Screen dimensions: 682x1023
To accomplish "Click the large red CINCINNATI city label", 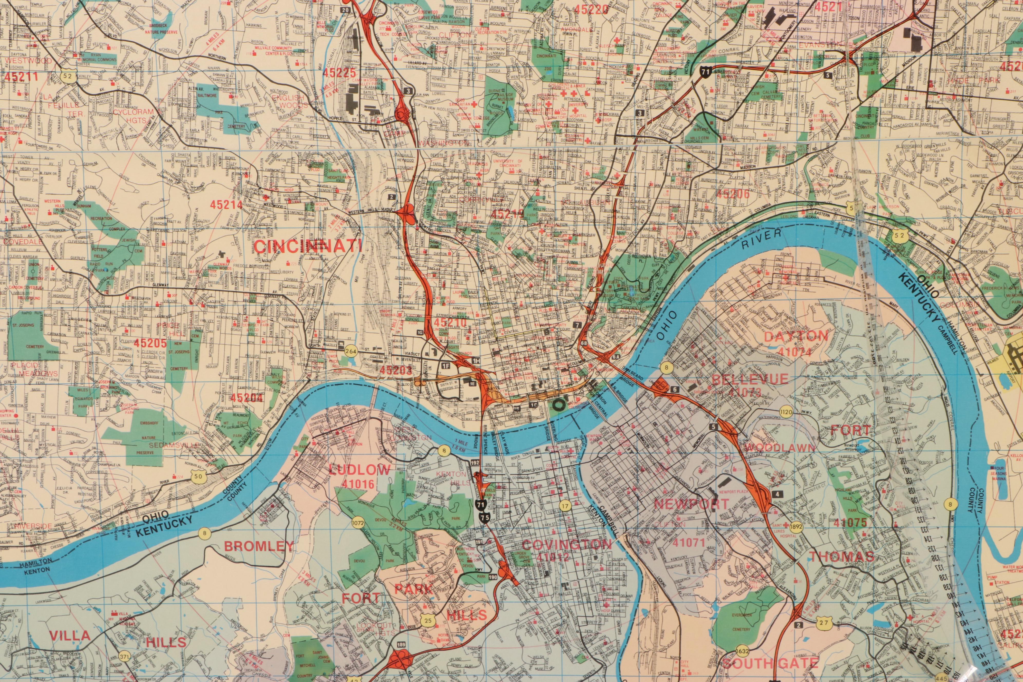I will click(308, 246).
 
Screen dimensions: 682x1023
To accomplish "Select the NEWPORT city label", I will click(691, 504).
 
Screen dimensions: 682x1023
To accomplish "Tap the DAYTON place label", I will click(796, 336).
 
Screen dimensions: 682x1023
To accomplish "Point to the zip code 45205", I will click(150, 343).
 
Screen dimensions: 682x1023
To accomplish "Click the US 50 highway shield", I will click(198, 477).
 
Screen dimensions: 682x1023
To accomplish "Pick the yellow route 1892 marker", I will click(796, 525).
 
